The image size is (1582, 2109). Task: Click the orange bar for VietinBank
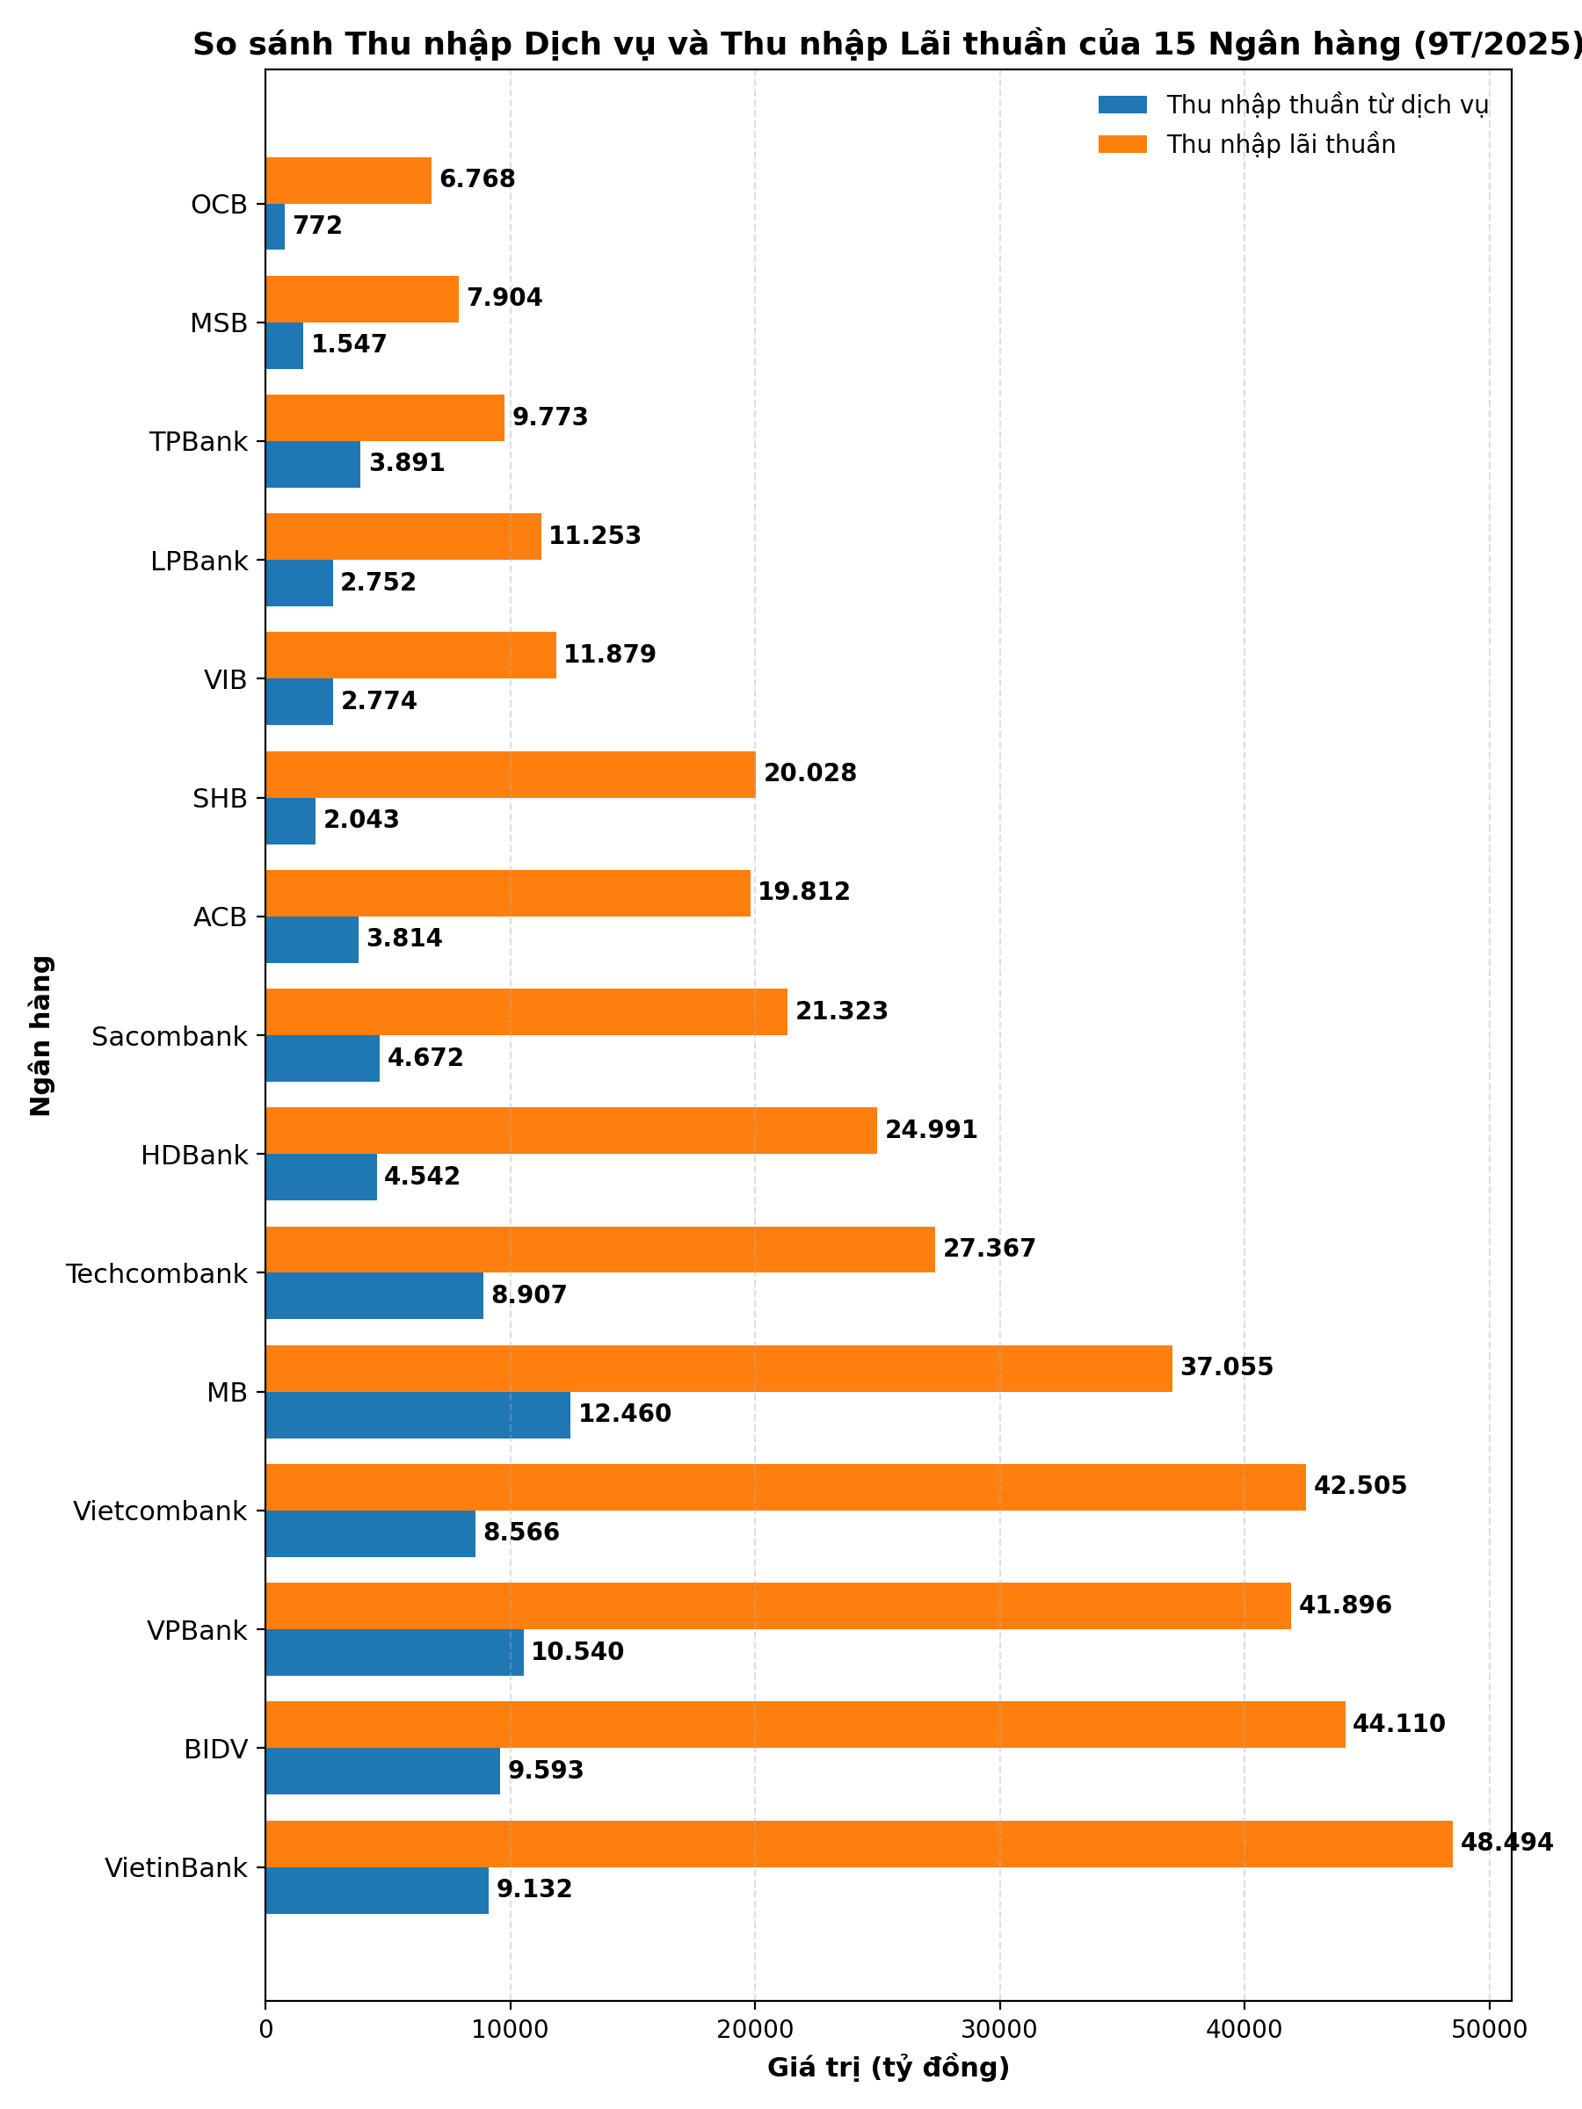(x=858, y=1844)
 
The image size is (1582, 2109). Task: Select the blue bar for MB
(x=417, y=1415)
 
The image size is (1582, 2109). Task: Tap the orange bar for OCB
(x=348, y=180)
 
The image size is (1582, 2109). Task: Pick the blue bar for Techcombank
(x=374, y=1296)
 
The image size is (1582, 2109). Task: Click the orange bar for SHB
(x=510, y=774)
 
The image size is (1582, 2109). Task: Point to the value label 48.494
(x=1506, y=1842)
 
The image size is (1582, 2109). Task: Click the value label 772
(x=317, y=226)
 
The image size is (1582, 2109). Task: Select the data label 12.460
(x=625, y=1414)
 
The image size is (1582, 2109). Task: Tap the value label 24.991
(x=931, y=1130)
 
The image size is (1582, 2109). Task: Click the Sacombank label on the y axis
(x=169, y=1036)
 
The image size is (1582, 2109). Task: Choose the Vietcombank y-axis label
(x=159, y=1511)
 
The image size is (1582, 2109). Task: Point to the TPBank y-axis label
(x=199, y=442)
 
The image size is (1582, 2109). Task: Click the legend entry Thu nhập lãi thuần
(x=1281, y=145)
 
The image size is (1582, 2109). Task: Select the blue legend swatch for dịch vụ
(x=1122, y=105)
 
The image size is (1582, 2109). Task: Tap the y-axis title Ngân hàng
(x=41, y=1035)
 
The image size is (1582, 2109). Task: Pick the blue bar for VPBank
(x=394, y=1652)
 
